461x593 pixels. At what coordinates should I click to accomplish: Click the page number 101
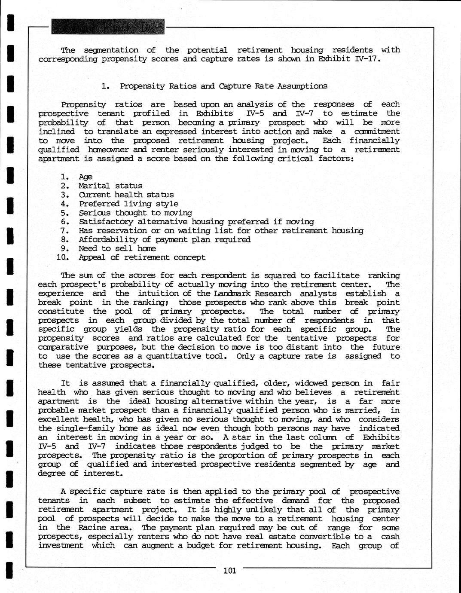click(230, 571)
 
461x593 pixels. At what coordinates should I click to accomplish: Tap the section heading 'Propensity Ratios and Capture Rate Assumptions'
click(223, 86)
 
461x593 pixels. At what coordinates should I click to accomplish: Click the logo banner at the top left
click(107, 27)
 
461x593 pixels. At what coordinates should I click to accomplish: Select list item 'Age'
click(85, 177)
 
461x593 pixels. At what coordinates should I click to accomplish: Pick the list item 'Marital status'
click(110, 186)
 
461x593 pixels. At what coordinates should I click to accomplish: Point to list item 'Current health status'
click(126, 195)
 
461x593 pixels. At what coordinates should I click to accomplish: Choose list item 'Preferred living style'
click(128, 204)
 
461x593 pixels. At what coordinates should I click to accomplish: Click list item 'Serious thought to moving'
click(135, 213)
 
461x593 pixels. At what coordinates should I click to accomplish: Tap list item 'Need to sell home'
click(117, 248)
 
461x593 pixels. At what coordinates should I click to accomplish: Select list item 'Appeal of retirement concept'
click(142, 257)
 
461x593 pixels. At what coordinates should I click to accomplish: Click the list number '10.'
click(63, 257)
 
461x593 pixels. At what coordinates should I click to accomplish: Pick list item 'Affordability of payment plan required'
click(165, 239)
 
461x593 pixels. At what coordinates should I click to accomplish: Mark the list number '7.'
click(65, 231)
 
